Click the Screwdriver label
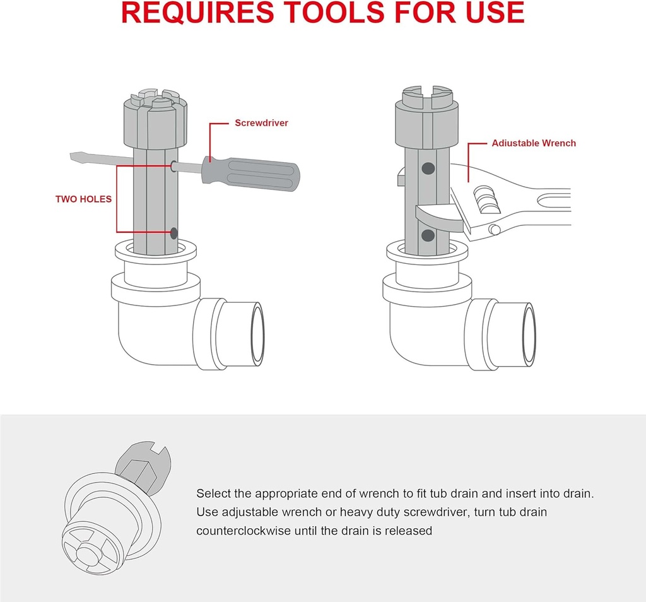(261, 123)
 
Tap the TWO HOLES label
(83, 199)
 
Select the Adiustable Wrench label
(534, 143)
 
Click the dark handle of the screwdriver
(249, 173)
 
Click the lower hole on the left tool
(173, 233)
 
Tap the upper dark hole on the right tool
(428, 168)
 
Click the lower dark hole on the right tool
(428, 235)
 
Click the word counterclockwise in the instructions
(244, 531)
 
